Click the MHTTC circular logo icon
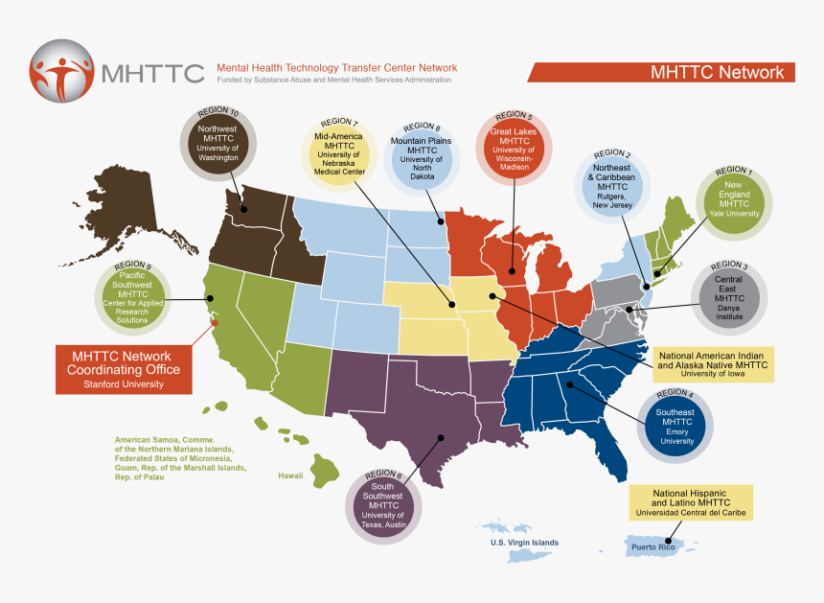point(62,71)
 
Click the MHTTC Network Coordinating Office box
point(123,369)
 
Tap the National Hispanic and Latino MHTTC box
point(690,502)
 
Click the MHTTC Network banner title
point(717,72)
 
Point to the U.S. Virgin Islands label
point(518,543)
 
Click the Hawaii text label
point(290,475)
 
